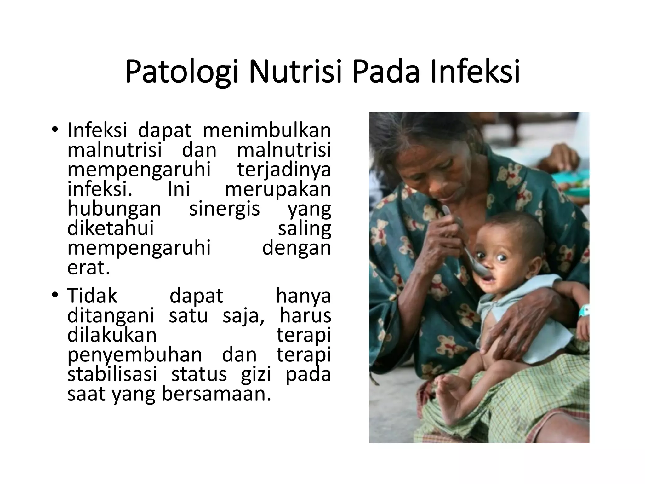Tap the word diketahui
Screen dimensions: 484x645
click(111, 228)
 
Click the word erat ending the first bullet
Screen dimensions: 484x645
click(88, 268)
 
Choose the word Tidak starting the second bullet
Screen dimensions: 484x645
click(92, 296)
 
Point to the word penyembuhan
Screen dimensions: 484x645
click(135, 355)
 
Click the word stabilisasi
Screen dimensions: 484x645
click(112, 374)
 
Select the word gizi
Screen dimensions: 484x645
click(256, 375)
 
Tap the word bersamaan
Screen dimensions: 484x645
click(216, 394)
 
